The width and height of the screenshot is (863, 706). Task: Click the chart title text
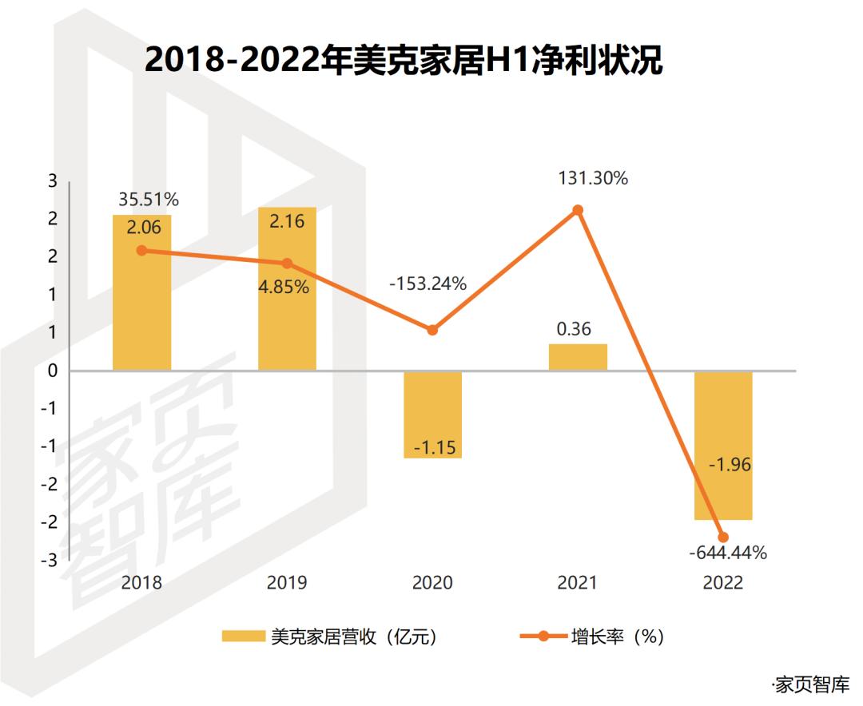pyautogui.click(x=404, y=60)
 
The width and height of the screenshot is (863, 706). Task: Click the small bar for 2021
pyautogui.click(x=578, y=357)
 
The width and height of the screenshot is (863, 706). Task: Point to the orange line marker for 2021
pyautogui.click(x=578, y=210)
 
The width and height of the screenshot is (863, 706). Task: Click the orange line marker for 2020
pyautogui.click(x=432, y=330)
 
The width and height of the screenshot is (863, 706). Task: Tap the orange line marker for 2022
pyautogui.click(x=723, y=537)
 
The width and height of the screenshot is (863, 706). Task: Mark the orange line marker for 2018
pyautogui.click(x=141, y=250)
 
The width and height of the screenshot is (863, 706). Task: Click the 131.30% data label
pyautogui.click(x=593, y=179)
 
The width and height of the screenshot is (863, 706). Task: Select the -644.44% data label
pyautogui.click(x=728, y=553)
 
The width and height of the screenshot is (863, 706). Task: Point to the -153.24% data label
pyautogui.click(x=428, y=284)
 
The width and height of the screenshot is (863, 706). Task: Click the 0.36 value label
pyautogui.click(x=575, y=328)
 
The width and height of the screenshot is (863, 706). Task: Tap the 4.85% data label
pyautogui.click(x=283, y=287)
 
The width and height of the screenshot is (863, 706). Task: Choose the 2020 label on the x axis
pyautogui.click(x=432, y=583)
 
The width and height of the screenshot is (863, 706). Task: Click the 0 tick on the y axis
pyautogui.click(x=53, y=371)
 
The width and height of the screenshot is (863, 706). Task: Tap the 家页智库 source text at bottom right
pyautogui.click(x=810, y=684)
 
